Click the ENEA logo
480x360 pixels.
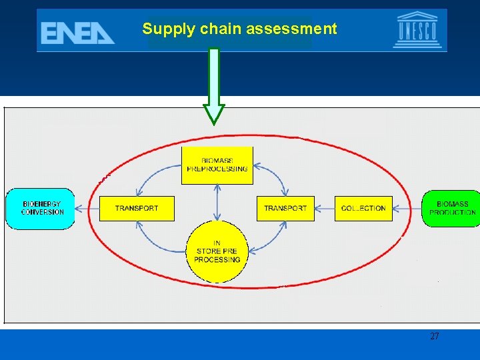77,31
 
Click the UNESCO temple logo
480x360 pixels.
417,30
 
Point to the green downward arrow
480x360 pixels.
214,87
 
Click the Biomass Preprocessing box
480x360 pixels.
217,165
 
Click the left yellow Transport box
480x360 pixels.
137,209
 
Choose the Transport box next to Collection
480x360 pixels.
285,209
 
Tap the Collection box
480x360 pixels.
363,209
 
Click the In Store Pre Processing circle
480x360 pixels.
217,251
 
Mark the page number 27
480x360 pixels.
434,337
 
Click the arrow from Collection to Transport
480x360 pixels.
325,209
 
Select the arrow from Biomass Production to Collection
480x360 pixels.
407,209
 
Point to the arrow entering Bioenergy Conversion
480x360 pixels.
87,209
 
